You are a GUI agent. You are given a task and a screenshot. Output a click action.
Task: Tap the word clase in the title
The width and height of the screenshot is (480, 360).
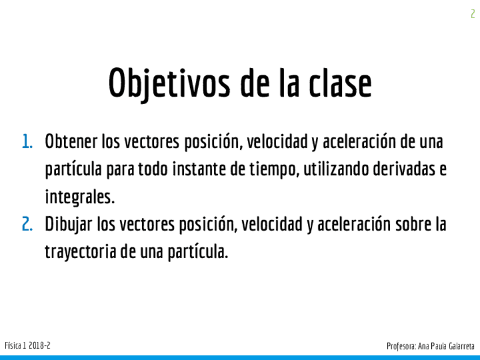(340, 83)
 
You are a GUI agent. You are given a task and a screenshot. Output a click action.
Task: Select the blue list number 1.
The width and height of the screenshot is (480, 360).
(27, 142)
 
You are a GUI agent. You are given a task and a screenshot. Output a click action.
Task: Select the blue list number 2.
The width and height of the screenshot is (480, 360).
(27, 224)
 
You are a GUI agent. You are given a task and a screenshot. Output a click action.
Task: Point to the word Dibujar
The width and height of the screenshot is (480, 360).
(68, 225)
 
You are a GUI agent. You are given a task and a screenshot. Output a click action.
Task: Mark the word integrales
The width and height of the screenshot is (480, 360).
(80, 197)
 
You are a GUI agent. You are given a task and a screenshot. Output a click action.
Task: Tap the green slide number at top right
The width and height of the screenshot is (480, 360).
(473, 14)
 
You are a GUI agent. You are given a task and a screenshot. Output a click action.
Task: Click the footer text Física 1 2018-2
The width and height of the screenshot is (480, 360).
(28, 346)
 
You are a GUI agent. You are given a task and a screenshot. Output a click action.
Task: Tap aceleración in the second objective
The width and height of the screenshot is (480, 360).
(354, 224)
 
